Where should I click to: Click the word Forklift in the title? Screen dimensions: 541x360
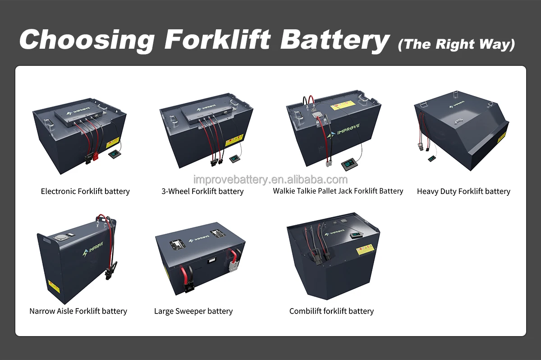pyautogui.click(x=217, y=39)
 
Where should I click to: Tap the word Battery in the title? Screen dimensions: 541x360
pyautogui.click(x=334, y=39)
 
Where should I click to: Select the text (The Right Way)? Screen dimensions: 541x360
pyautogui.click(x=456, y=44)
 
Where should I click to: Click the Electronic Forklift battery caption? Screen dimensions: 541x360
pyautogui.click(x=85, y=191)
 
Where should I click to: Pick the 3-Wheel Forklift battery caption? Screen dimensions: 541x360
pyautogui.click(x=202, y=191)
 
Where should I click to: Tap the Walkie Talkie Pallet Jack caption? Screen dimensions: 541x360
pyautogui.click(x=338, y=191)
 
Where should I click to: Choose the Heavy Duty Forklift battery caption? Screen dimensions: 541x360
pyautogui.click(x=463, y=191)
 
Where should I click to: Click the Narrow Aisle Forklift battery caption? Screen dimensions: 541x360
pyautogui.click(x=78, y=311)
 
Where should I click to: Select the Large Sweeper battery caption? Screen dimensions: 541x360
pyautogui.click(x=193, y=311)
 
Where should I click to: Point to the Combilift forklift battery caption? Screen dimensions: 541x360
pyautogui.click(x=331, y=311)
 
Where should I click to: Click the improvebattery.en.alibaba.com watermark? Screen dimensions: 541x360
pyautogui.click(x=270, y=180)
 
